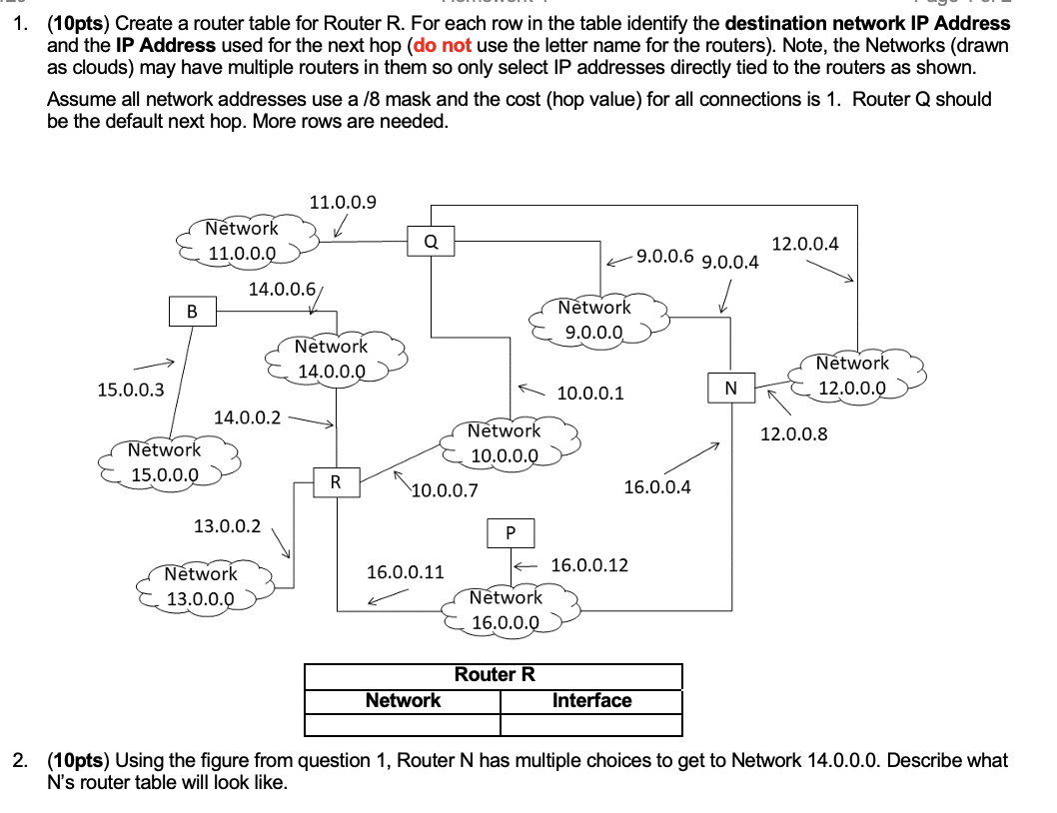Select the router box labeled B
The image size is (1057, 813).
(x=191, y=312)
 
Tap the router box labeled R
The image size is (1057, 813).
(x=336, y=482)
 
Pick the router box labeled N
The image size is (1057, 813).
(x=730, y=387)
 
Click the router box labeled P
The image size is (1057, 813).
(x=511, y=532)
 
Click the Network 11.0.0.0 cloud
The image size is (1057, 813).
(x=243, y=241)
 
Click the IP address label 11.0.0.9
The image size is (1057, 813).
(x=343, y=203)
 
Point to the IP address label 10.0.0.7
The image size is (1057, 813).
(x=445, y=490)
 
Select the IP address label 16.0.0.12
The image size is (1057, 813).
(x=589, y=565)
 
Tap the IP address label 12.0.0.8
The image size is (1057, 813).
(x=793, y=433)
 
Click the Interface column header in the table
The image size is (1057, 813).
(x=591, y=700)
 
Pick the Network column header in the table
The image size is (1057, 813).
(x=403, y=700)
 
